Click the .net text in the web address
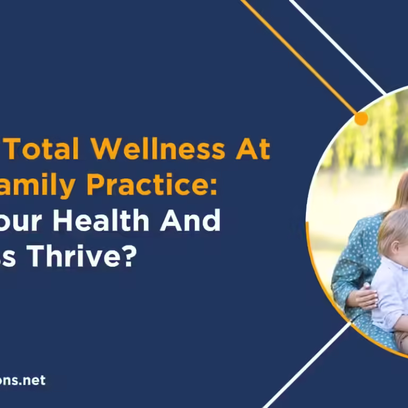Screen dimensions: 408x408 point(32,380)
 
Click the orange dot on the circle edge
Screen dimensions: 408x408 point(361,118)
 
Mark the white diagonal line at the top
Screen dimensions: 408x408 point(340,48)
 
